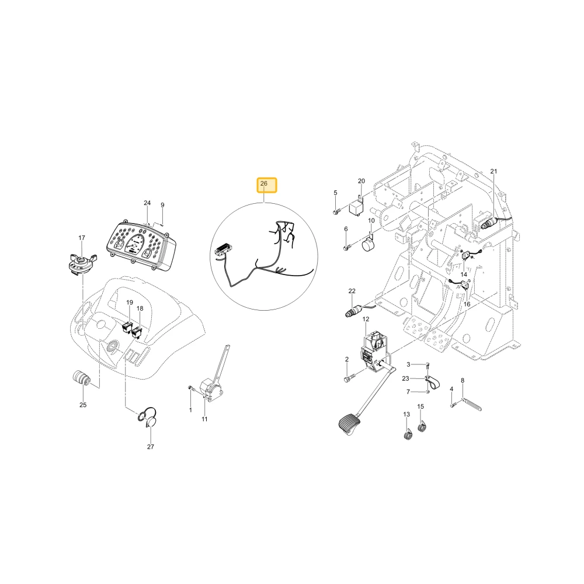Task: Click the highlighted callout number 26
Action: pyautogui.click(x=264, y=183)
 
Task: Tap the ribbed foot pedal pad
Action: pyautogui.click(x=350, y=424)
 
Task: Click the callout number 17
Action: pyautogui.click(x=82, y=238)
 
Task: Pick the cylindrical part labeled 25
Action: pyautogui.click(x=82, y=380)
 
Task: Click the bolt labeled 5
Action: pyautogui.click(x=336, y=212)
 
